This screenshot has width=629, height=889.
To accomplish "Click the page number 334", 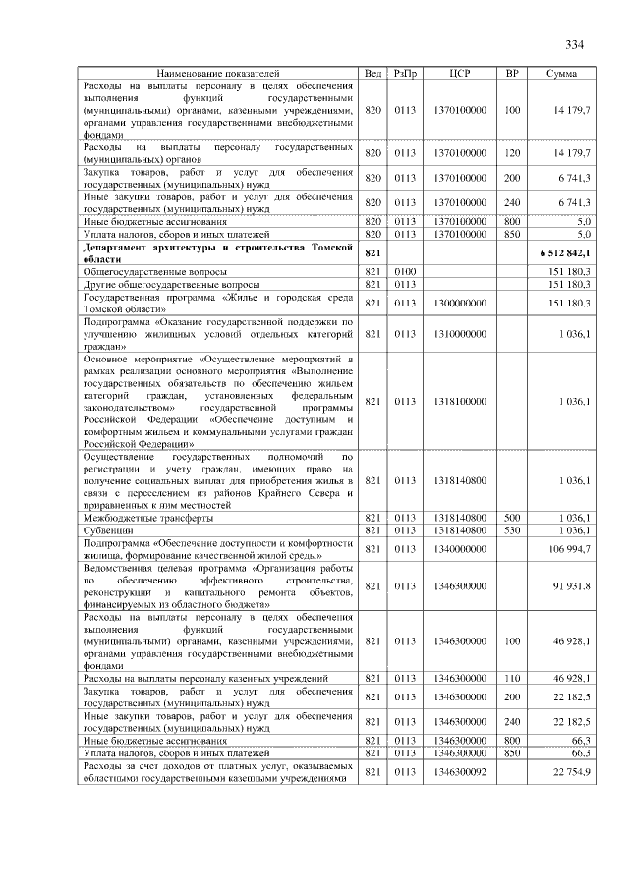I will click(x=575, y=44).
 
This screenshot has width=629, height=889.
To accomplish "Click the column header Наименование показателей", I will click(x=218, y=74).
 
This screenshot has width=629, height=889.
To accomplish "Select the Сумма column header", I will click(x=562, y=74).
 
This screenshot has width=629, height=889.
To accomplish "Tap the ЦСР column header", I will click(x=460, y=74).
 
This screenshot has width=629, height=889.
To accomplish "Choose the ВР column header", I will click(x=511, y=74).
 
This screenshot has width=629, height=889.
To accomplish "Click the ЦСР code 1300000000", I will click(x=460, y=304).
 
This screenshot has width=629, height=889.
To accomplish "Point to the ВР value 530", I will click(x=511, y=529).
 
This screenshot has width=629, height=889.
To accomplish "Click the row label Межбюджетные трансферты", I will click(x=148, y=517).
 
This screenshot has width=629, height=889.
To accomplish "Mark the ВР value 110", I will click(x=511, y=678).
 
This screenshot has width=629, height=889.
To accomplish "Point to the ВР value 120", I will click(x=511, y=153).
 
